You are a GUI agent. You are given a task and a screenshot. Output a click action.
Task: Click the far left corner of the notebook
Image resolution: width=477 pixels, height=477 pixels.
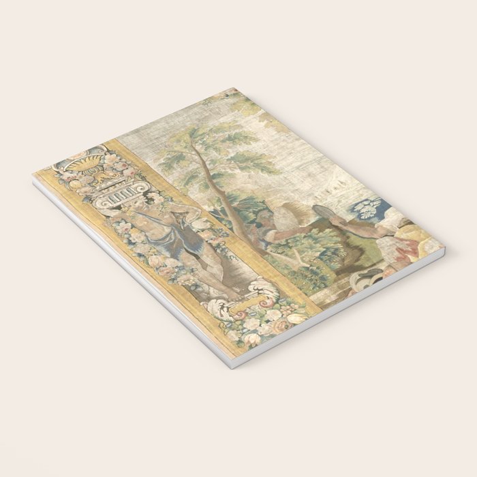(x=32, y=179)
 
